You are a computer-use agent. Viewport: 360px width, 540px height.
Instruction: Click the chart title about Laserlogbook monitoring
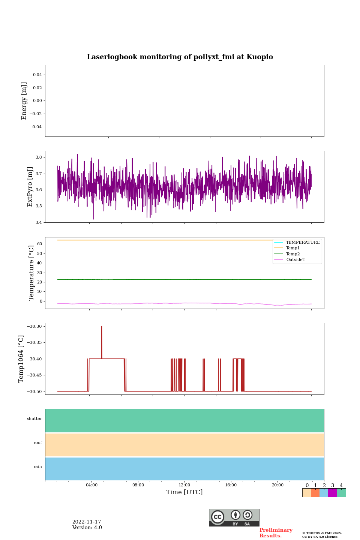[x=180, y=57]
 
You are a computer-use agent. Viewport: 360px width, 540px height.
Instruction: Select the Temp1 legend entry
[x=292, y=248]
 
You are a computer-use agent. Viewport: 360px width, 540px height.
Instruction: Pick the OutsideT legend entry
[x=295, y=259]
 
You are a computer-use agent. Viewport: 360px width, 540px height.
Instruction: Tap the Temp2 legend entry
[x=292, y=254]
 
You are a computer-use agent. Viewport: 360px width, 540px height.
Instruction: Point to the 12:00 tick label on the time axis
[x=184, y=485]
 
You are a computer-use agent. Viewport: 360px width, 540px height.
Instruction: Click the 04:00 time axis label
[x=91, y=485]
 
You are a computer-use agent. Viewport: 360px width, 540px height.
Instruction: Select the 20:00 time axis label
[x=277, y=485]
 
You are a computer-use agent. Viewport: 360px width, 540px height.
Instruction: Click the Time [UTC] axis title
[x=184, y=492]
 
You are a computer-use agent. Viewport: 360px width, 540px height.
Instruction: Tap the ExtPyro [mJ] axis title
[x=30, y=187]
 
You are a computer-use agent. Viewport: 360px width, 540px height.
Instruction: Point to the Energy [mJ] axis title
[x=24, y=101]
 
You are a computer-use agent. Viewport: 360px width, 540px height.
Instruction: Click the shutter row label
[x=34, y=419]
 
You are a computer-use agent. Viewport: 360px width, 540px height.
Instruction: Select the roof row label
[x=38, y=443]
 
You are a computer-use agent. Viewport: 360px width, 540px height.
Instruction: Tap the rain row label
[x=38, y=467]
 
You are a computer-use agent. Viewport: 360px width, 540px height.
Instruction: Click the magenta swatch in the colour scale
[x=332, y=493]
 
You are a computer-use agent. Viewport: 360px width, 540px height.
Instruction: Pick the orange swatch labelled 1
[x=315, y=493]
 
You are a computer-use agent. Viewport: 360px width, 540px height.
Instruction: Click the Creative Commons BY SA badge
[x=234, y=517]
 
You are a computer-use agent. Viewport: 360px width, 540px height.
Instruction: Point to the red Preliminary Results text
[x=276, y=533]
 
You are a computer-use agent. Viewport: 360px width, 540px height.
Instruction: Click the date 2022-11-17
[x=87, y=522]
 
